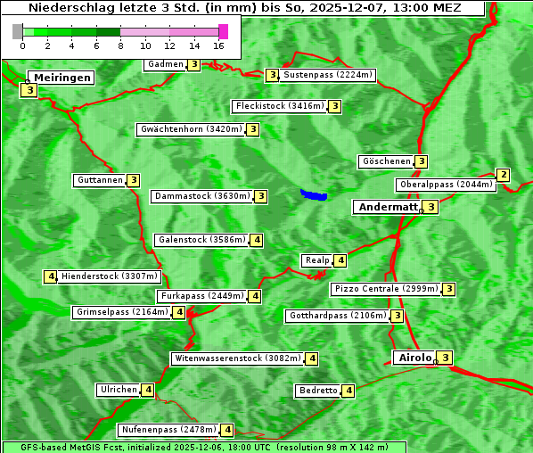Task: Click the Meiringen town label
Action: [x=62, y=78]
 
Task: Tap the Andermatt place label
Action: [x=388, y=207]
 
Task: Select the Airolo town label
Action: [x=414, y=358]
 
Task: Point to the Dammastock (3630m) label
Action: [x=201, y=195]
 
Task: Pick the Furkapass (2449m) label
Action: [x=201, y=295]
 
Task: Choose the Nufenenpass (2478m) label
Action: [x=168, y=429]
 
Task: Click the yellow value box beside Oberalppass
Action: [x=503, y=175]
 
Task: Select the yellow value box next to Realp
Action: [x=340, y=260]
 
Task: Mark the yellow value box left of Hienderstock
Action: [x=50, y=276]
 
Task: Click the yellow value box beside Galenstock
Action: [x=256, y=239]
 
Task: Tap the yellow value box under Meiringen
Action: [x=29, y=90]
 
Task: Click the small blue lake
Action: [x=313, y=194]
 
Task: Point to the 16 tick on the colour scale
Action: [x=218, y=45]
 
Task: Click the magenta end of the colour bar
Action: [x=223, y=31]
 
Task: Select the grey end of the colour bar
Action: [x=18, y=31]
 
